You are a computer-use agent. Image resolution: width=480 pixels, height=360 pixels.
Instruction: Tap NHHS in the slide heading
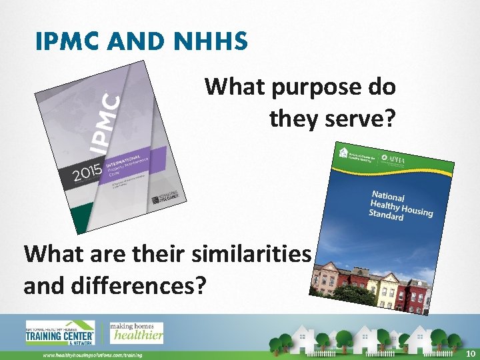click(213, 43)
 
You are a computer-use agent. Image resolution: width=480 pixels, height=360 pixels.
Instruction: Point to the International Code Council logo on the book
click(165, 196)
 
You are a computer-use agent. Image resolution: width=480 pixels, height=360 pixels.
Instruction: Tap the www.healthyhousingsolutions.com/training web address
click(93, 355)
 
